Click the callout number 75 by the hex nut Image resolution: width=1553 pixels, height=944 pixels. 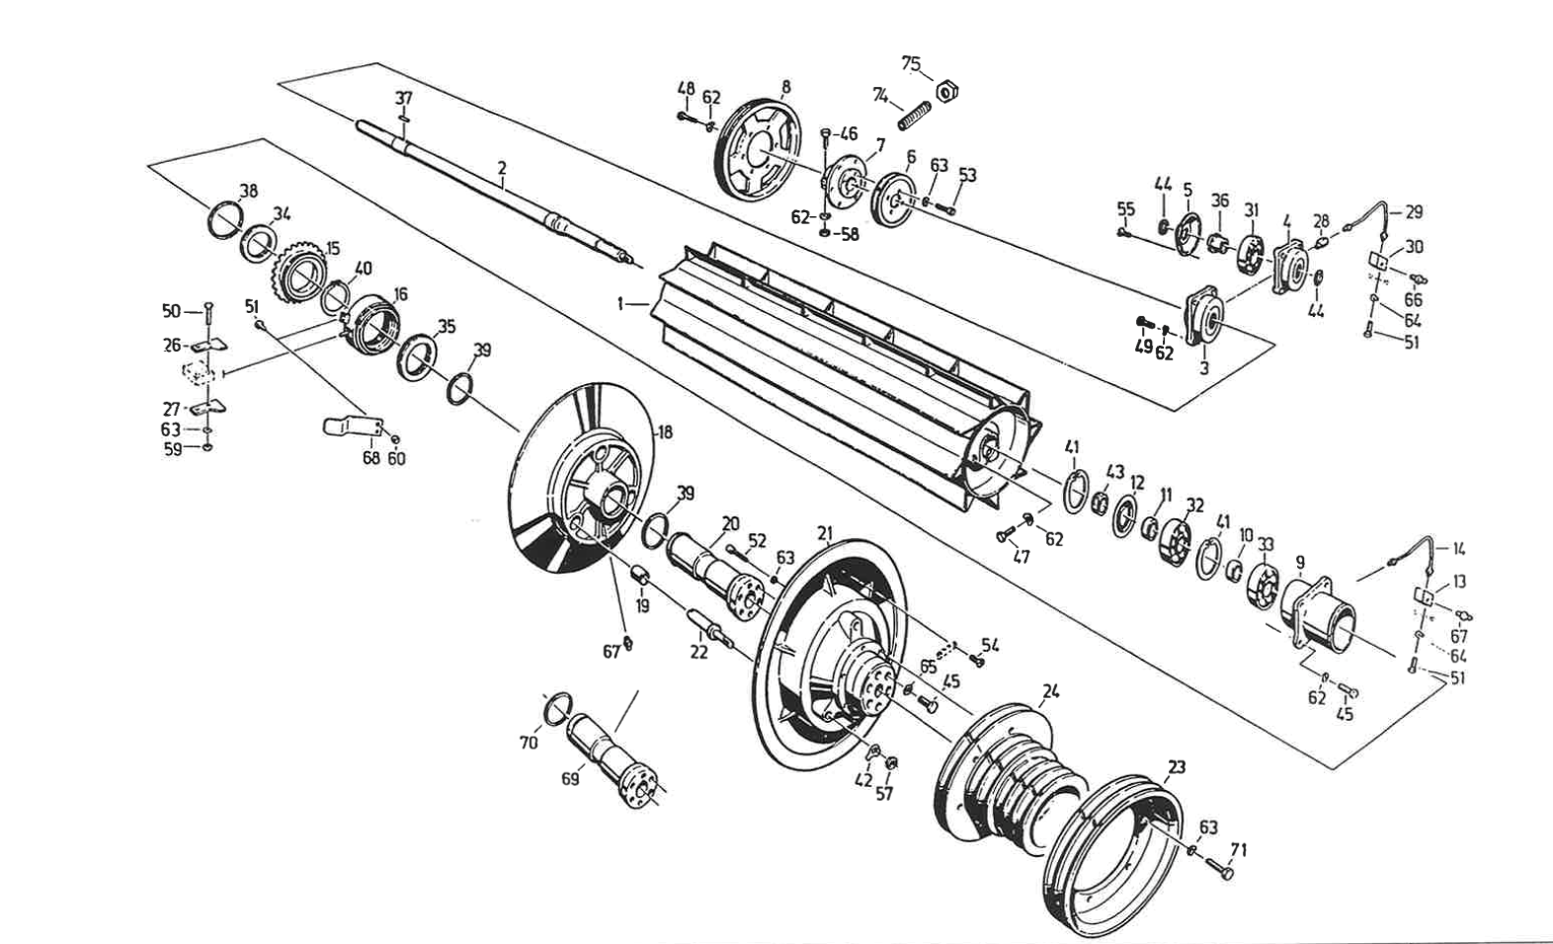click(911, 64)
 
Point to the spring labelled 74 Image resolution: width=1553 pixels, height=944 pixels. click(915, 116)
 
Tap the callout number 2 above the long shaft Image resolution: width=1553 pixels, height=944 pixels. click(502, 168)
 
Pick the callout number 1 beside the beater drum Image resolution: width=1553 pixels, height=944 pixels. click(621, 305)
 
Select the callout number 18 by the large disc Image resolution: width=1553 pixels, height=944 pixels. click(665, 433)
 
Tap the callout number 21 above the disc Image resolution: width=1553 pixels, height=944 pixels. click(825, 533)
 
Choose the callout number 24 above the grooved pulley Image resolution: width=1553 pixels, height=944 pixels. click(1050, 691)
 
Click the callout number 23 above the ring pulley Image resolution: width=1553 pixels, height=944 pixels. click(1177, 767)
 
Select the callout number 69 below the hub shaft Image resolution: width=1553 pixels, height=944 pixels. click(570, 779)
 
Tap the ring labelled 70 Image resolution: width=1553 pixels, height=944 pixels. click(558, 708)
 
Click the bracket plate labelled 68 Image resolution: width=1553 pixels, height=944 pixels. click(352, 426)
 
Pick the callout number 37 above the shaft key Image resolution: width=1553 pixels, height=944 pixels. click(404, 98)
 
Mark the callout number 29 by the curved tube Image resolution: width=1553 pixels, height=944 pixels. click(1414, 212)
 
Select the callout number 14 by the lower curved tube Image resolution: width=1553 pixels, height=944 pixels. click(1458, 548)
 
